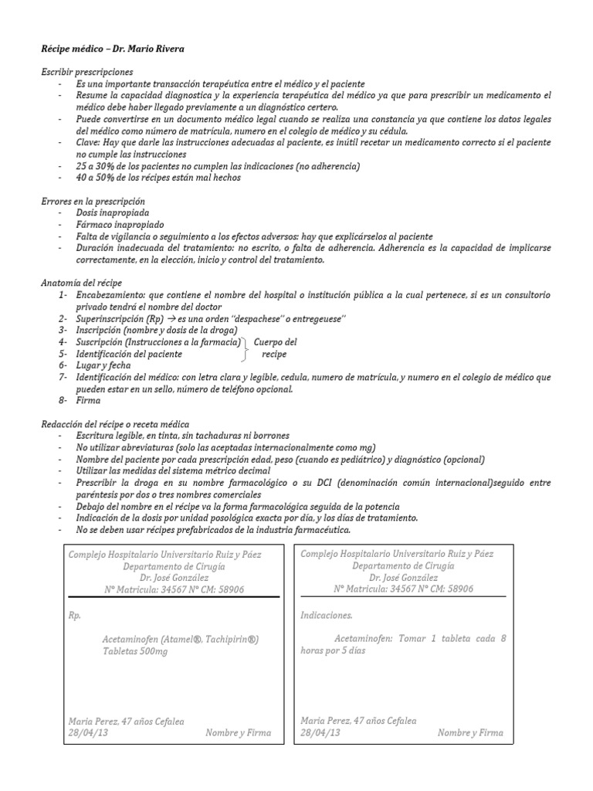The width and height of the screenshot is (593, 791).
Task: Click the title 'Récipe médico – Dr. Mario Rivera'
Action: coord(113,49)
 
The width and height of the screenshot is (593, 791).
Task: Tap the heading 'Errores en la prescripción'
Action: coord(93,201)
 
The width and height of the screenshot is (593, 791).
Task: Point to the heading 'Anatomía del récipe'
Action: coord(81,283)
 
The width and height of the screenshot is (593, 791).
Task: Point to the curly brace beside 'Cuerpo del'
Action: coord(246,348)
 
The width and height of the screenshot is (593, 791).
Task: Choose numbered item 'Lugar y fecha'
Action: coord(103,365)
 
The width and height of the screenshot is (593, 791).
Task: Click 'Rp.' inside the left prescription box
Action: coord(75,616)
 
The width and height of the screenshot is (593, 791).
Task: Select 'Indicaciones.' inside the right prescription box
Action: coord(327,616)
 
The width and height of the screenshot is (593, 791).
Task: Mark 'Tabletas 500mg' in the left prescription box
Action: coord(135,651)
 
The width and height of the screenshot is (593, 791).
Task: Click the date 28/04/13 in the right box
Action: coord(320,732)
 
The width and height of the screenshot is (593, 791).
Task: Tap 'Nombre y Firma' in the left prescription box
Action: coord(238,732)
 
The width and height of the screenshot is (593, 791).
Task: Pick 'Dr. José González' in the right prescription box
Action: coord(402,577)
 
